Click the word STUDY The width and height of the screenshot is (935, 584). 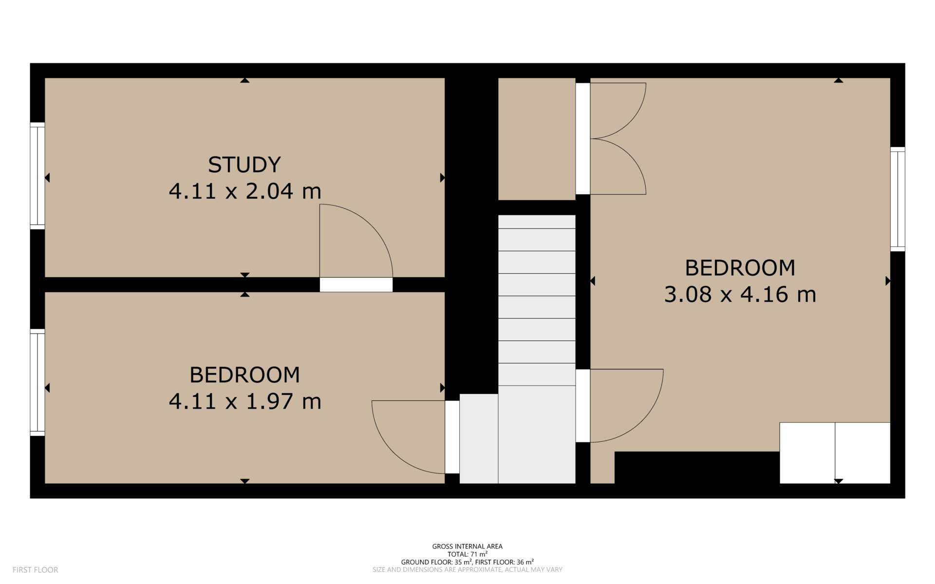tap(244, 165)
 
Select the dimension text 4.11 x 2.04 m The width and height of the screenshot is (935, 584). tap(244, 191)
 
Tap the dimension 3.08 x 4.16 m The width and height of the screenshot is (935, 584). tap(740, 295)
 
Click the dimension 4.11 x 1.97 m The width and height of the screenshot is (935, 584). tap(244, 401)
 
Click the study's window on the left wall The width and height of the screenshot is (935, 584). tap(37, 176)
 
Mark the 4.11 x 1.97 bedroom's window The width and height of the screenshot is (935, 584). tap(37, 382)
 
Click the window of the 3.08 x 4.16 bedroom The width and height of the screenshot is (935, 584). tap(898, 199)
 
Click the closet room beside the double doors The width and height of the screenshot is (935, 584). tap(536, 139)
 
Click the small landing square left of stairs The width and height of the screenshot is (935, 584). tap(479, 438)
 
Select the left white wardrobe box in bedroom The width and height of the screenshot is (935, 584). tap(807, 453)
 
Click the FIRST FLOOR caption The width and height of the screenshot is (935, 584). tap(35, 570)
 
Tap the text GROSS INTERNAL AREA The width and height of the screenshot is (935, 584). tap(467, 546)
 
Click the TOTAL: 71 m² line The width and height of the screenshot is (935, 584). tap(467, 554)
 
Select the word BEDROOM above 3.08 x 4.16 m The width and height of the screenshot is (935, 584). tap(740, 268)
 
